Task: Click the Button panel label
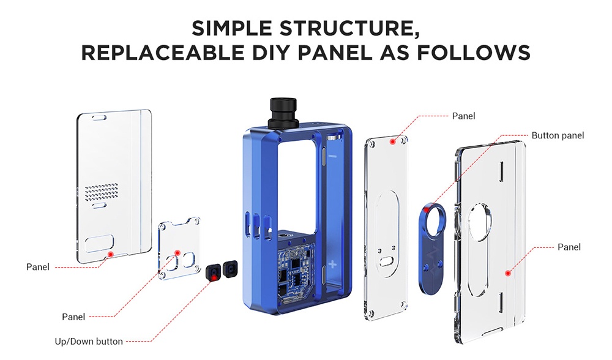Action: point(558,135)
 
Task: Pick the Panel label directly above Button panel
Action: point(463,116)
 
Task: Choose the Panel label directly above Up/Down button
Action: point(73,317)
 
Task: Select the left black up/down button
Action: point(214,271)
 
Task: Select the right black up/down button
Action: point(231,268)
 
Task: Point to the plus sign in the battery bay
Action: point(332,265)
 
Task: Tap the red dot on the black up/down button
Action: point(214,278)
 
